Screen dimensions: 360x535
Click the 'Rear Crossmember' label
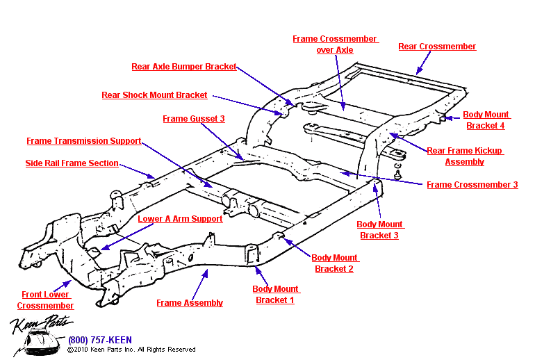437,47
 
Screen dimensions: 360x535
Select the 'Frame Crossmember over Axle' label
334,44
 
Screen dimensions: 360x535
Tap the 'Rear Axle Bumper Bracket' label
184,67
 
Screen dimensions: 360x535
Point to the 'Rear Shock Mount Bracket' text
154,95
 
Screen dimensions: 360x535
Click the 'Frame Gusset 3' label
194,119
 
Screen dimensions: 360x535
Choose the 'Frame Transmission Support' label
84,141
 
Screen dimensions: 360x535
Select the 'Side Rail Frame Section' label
72,163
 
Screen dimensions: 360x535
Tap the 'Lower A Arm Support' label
180,219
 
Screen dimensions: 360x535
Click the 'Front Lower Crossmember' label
46,300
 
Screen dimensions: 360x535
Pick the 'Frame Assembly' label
190,303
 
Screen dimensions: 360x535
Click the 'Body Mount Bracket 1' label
275,295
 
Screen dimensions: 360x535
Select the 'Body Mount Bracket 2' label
334,263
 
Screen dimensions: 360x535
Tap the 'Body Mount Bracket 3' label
379,230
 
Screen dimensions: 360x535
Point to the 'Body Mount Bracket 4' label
486,120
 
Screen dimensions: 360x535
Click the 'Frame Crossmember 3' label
472,185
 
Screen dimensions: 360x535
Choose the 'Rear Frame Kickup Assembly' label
465,156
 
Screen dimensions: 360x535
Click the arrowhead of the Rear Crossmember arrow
417,72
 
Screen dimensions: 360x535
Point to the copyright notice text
131,350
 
